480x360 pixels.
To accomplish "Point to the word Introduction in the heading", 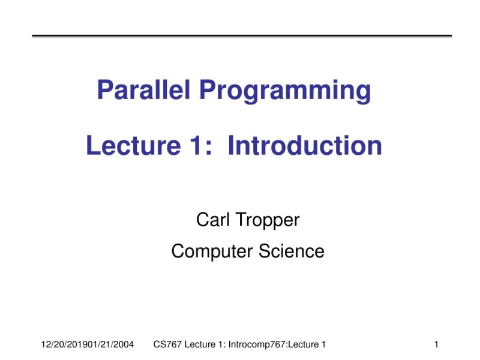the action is click(305, 146).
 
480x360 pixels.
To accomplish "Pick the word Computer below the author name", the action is click(212, 251).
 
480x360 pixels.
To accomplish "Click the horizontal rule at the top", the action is click(241, 36).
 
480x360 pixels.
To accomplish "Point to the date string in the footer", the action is click(87, 344).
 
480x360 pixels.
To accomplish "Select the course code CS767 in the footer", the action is click(167, 344).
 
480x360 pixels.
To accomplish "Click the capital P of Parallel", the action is click(104, 91).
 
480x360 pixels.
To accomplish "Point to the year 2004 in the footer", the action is click(124, 344).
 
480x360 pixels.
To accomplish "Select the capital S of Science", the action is click(265, 251).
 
